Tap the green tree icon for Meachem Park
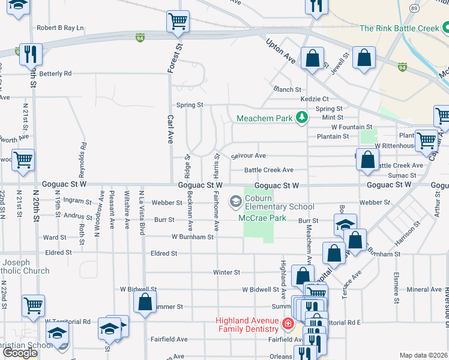303,117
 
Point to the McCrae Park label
262,218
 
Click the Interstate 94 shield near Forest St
140,37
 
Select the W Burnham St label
192,237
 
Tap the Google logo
20,353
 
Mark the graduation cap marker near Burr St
345,224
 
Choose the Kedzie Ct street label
315,99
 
